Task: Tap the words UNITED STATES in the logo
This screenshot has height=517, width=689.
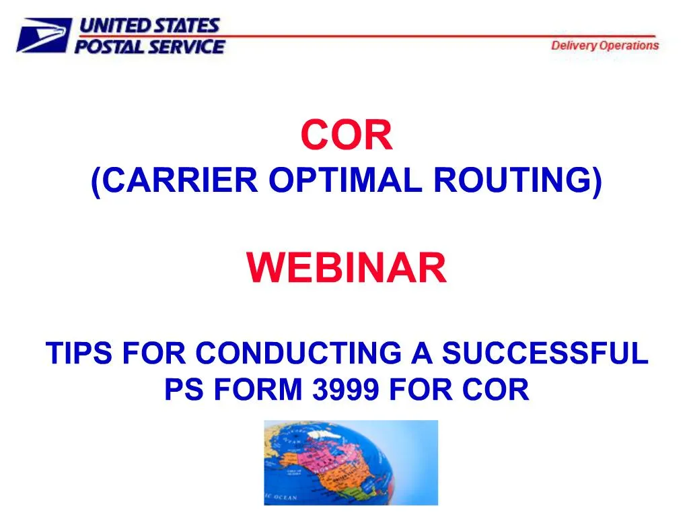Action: tap(149, 26)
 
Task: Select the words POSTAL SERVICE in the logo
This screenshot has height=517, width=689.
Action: tap(149, 46)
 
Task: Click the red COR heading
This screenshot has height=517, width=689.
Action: tap(347, 135)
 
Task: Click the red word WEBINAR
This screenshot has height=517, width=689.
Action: tap(347, 268)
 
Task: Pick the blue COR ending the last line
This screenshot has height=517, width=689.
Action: tap(499, 390)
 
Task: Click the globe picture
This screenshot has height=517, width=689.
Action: tap(351, 462)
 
